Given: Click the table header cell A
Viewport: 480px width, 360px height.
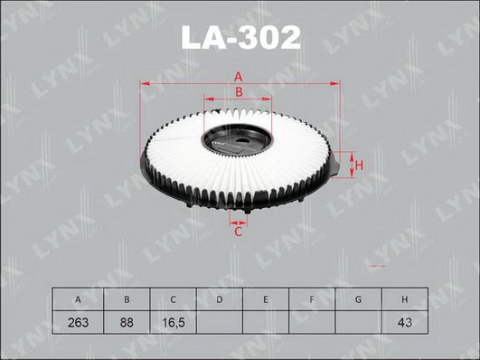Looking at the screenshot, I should (x=80, y=298).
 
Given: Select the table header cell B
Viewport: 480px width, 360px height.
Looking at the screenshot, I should (x=127, y=298).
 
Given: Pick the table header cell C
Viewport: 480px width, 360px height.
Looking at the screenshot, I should (x=174, y=298).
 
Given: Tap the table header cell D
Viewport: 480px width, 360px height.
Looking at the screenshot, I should (x=220, y=298).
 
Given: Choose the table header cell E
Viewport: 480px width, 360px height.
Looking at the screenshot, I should (x=266, y=298).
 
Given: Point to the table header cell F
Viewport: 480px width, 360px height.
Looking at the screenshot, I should (x=312, y=298).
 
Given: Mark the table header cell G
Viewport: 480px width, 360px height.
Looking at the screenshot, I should (x=358, y=298).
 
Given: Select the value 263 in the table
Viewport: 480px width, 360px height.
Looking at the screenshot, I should (x=80, y=322).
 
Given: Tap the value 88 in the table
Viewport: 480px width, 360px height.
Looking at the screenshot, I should (x=127, y=322).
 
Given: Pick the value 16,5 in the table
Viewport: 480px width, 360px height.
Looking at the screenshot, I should (x=174, y=322).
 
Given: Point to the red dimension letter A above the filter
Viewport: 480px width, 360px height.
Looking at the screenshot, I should (x=240, y=76).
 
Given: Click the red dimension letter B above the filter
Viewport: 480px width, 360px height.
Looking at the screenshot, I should (x=240, y=92).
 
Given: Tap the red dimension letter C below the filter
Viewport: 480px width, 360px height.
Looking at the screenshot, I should (x=239, y=232).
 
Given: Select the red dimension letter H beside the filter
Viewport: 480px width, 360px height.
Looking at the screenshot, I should (x=358, y=166).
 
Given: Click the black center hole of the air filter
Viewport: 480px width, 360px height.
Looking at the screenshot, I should (x=238, y=142).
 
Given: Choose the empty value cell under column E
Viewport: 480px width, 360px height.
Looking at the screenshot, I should (x=266, y=322).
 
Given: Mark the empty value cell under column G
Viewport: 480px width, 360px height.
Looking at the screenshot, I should (x=358, y=322).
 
